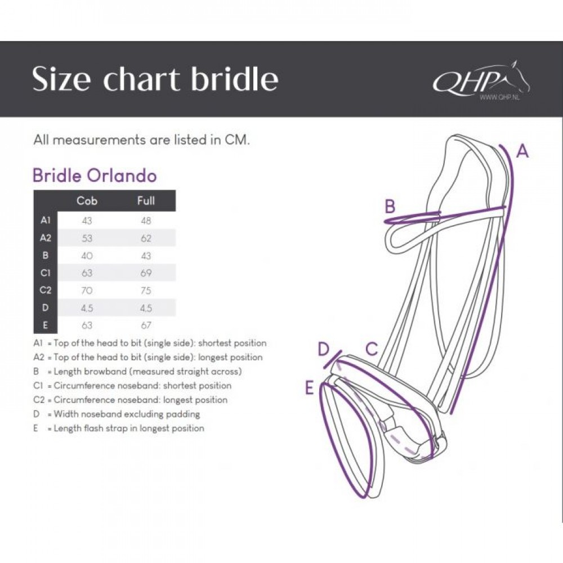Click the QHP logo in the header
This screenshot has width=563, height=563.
(481, 81)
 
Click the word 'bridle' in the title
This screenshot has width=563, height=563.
(234, 78)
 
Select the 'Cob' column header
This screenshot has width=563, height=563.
(87, 200)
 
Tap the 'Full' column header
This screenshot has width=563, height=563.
(146, 200)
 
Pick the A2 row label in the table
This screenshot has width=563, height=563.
(46, 238)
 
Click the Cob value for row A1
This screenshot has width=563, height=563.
(87, 221)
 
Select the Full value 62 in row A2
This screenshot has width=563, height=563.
(146, 238)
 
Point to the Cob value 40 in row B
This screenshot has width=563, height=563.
(87, 256)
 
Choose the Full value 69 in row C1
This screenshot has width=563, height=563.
(146, 273)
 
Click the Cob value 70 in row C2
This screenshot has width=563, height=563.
(87, 290)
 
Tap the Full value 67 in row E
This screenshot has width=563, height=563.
(146, 325)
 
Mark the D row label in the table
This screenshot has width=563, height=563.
(45, 307)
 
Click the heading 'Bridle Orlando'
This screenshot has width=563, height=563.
(95, 176)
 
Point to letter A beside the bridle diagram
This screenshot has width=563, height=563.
(522, 151)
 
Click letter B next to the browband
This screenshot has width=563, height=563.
(390, 207)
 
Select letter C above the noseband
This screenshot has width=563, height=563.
(372, 348)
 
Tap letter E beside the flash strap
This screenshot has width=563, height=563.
(309, 388)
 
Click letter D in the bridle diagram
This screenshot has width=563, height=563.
(324, 348)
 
